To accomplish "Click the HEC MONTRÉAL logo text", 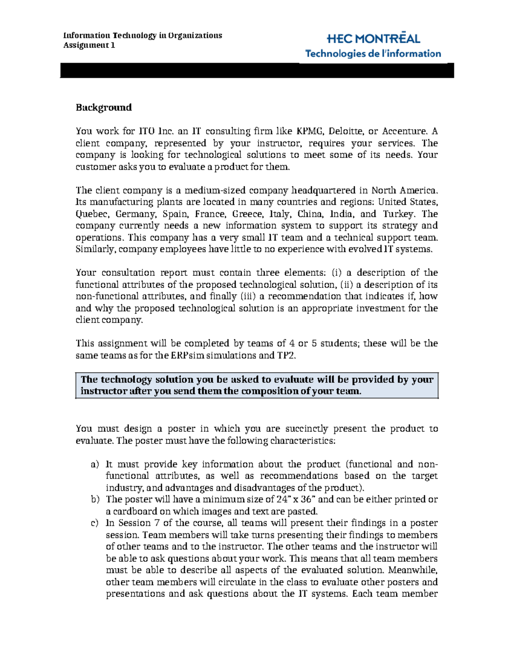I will [x=373, y=39].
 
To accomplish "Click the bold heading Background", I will [x=104, y=107].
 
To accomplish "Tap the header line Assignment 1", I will [x=89, y=45].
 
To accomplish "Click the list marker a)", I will [x=95, y=465].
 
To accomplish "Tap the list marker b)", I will [x=95, y=500].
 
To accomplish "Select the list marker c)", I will [x=95, y=523].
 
